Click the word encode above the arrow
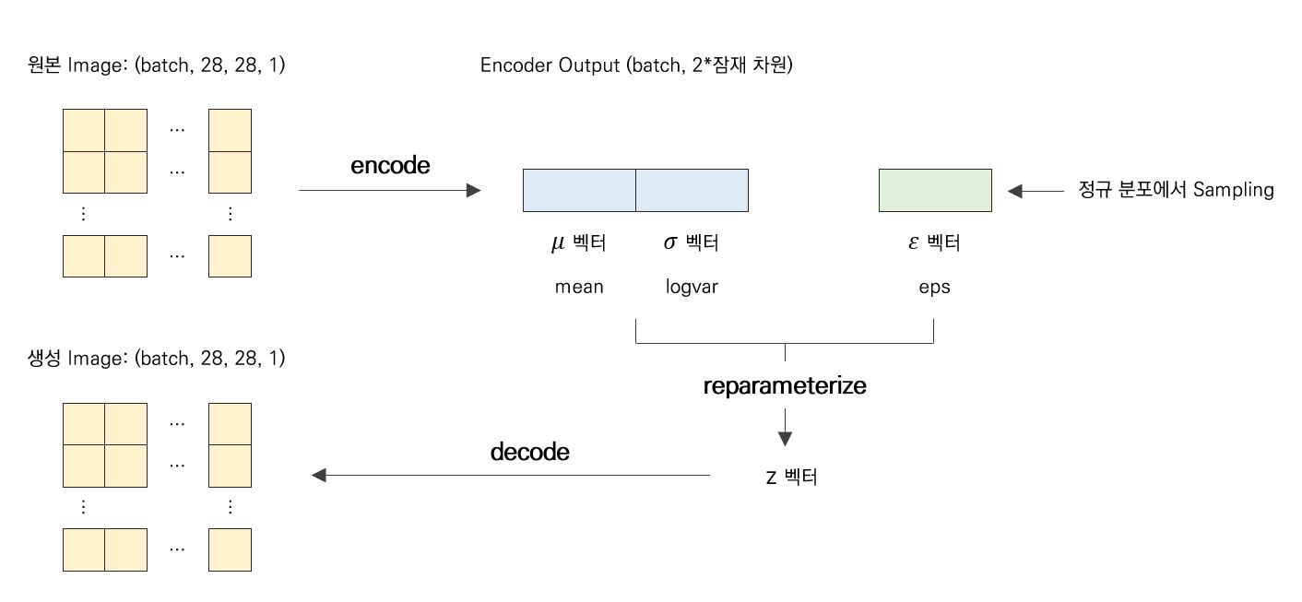coord(390,166)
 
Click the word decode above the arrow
coord(529,453)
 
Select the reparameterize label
coord(785,386)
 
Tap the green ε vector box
coord(935,191)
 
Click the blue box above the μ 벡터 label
coord(579,191)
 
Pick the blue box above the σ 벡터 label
coord(692,191)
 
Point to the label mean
coord(579,287)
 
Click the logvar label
coord(692,287)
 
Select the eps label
coord(934,287)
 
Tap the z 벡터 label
coord(790,478)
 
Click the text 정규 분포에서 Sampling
coord(1177,191)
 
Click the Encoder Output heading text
coord(636,66)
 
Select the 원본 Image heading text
coord(157,66)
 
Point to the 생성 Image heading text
coord(157,360)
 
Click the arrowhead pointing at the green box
coord(1016,192)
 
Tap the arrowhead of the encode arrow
coord(474,191)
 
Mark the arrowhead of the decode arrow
coord(319,476)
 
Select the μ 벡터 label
coord(578,243)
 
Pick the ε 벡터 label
coord(934,243)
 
